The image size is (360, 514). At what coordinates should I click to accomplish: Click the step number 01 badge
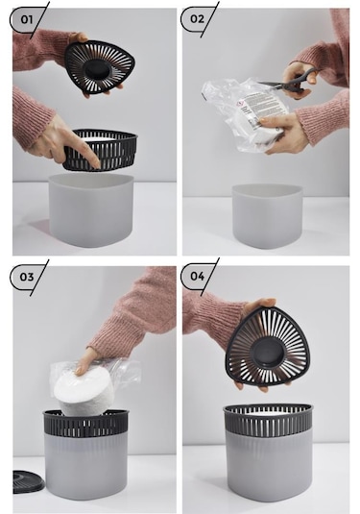(27, 19)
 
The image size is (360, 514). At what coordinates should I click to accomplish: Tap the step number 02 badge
(197, 19)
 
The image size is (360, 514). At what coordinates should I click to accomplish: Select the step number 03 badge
(27, 277)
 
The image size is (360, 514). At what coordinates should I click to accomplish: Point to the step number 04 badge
(197, 276)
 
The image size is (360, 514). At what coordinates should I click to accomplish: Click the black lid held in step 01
(100, 67)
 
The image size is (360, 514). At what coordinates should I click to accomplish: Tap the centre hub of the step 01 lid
(96, 68)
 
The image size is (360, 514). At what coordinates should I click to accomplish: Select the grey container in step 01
(92, 209)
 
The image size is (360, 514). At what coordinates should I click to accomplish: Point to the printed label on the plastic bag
(260, 110)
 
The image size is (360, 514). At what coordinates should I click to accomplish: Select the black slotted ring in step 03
(85, 423)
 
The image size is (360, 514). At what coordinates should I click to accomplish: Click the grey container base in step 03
(85, 467)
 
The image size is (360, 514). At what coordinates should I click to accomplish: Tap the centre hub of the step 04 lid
(267, 353)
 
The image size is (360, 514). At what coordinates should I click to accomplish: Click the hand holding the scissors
(300, 79)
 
